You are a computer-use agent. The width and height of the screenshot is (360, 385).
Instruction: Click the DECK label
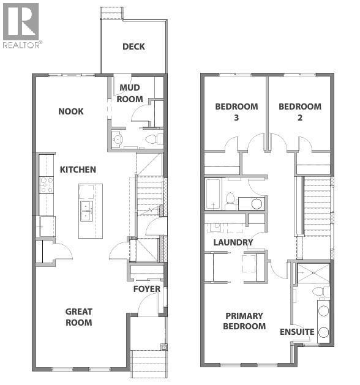(x=133, y=47)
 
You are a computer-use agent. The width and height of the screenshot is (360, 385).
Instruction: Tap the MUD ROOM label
(x=130, y=94)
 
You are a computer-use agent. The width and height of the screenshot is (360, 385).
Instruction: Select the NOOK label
(x=71, y=111)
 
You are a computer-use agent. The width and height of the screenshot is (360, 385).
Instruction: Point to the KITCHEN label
(x=78, y=169)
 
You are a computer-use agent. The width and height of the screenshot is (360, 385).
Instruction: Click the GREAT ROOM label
(x=79, y=317)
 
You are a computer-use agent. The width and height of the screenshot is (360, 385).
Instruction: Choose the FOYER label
(x=147, y=289)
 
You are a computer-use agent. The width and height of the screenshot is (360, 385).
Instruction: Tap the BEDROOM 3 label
(x=236, y=112)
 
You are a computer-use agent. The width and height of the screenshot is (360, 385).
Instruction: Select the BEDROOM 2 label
(x=300, y=112)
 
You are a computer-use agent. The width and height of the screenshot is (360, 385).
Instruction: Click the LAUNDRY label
(x=233, y=242)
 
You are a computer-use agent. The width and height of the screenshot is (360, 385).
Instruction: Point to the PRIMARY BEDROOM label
(x=245, y=321)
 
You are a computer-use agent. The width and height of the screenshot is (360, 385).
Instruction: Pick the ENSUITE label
(x=297, y=332)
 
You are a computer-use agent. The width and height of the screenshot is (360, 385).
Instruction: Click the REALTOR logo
(x=21, y=26)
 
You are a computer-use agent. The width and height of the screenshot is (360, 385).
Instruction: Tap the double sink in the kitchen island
(x=86, y=211)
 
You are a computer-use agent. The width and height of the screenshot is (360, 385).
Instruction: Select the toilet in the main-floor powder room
(x=158, y=140)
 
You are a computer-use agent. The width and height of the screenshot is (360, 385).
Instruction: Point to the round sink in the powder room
(x=117, y=140)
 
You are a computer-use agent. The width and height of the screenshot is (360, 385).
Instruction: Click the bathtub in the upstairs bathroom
(x=214, y=193)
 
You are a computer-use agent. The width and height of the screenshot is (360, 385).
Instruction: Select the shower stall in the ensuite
(x=313, y=274)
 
